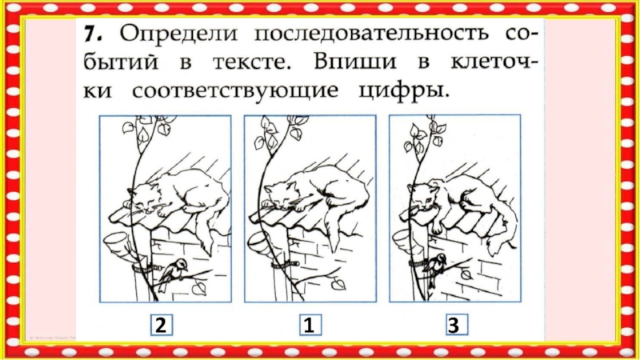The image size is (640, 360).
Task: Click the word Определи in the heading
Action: pyautogui.click(x=178, y=34)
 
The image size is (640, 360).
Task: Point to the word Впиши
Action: pyautogui.click(x=355, y=62)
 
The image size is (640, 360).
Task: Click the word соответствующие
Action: pyautogui.click(x=235, y=91)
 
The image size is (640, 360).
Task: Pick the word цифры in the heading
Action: pyautogui.click(x=404, y=91)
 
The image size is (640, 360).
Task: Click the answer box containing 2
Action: pyautogui.click(x=162, y=325)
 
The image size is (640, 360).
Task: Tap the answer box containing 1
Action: pyautogui.click(x=310, y=325)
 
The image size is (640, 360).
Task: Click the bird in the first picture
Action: pyautogui.click(x=173, y=273)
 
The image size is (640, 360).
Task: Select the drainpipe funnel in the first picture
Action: pyautogui.click(x=118, y=244)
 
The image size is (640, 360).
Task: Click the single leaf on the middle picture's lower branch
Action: pyautogui.click(x=338, y=284)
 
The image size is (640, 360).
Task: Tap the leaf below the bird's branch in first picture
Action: pyautogui.click(x=200, y=288)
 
